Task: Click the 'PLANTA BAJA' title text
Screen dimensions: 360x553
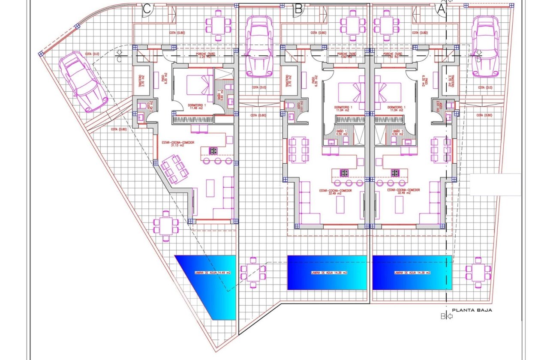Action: coord(472,310)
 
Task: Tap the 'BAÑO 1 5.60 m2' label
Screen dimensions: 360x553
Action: coord(219,92)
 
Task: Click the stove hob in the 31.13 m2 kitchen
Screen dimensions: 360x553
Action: coord(213,150)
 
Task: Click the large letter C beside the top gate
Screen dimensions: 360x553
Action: coord(147,9)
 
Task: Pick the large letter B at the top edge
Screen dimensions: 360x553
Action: coord(299,9)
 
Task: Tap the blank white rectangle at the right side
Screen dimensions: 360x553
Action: coord(495,184)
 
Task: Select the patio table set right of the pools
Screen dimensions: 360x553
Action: coord(478,271)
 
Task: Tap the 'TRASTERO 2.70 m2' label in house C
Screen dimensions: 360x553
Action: coord(141,81)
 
